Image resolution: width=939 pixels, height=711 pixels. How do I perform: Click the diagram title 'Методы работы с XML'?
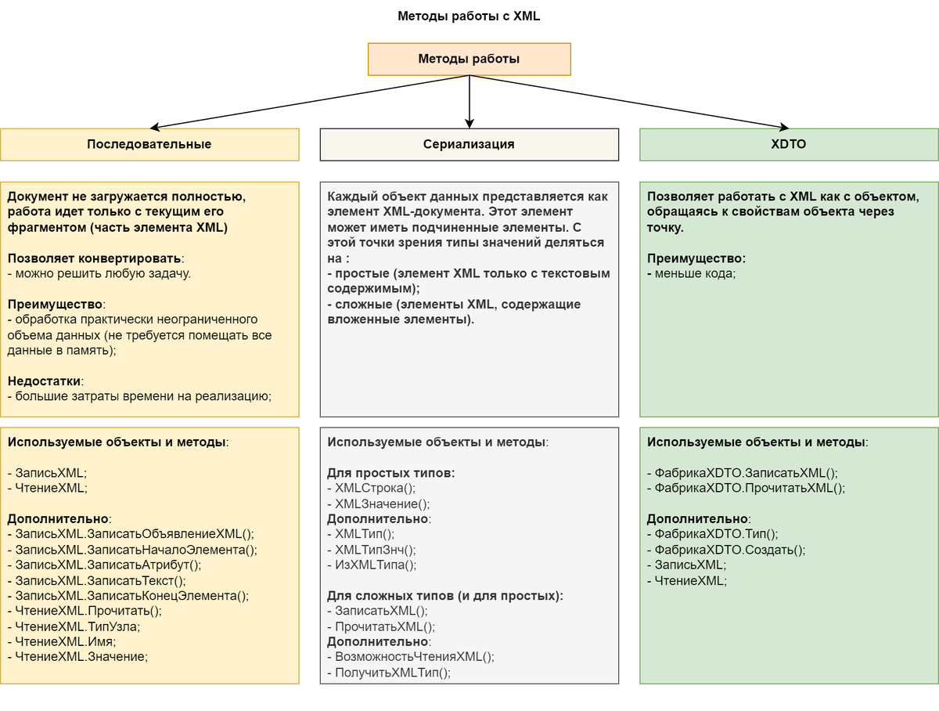(469, 16)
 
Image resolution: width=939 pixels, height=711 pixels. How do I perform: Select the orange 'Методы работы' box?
(469, 59)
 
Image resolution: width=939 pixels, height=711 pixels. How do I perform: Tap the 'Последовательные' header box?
(149, 144)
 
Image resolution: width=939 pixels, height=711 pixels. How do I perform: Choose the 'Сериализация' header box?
(469, 144)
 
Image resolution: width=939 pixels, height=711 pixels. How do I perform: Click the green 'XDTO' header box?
(789, 144)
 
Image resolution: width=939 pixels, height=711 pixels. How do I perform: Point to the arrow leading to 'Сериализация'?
(469, 102)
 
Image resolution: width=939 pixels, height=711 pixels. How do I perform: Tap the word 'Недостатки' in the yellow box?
(45, 381)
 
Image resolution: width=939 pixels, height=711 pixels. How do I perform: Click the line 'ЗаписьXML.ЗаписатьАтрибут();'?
(105, 565)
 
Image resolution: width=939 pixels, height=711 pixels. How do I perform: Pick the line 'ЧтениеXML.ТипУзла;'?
(77, 626)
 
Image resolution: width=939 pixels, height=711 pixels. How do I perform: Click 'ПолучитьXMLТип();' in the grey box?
(389, 672)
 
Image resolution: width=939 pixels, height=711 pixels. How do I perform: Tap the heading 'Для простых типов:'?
(390, 473)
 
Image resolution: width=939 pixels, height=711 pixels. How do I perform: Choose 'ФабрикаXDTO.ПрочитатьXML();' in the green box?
(747, 488)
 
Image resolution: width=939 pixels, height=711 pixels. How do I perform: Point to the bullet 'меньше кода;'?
(692, 273)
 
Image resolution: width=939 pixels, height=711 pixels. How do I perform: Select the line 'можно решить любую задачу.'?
(99, 273)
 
